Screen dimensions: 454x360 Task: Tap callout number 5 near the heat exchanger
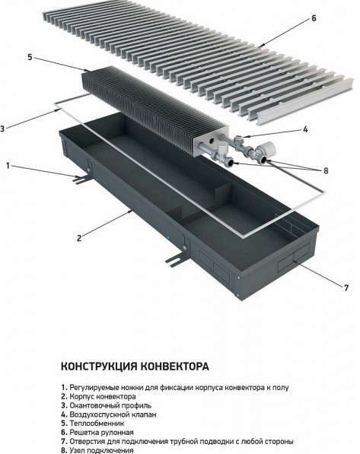(29, 56)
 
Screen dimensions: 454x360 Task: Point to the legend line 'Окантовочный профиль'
(107, 406)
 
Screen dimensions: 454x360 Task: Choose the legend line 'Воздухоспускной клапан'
(110, 414)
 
